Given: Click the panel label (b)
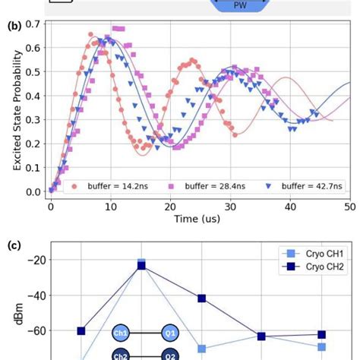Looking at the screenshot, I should click(13, 26).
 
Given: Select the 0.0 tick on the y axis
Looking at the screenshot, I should click(33, 191).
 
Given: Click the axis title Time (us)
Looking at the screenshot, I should click(199, 219).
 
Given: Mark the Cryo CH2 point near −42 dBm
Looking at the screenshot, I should click(201, 298).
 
